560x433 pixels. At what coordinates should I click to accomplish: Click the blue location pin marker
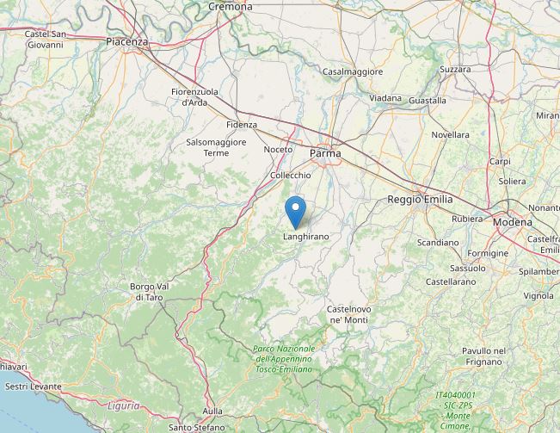295,211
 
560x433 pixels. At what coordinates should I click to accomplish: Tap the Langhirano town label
305,235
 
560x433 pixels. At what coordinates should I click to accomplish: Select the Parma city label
325,153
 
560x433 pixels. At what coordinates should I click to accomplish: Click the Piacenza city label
127,41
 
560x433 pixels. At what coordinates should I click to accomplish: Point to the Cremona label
231,6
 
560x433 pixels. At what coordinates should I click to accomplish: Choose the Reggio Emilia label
420,199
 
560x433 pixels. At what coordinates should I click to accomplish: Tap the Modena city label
513,222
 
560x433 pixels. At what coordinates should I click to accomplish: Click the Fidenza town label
242,124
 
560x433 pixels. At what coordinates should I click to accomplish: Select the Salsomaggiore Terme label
216,147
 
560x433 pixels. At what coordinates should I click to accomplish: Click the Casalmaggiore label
353,72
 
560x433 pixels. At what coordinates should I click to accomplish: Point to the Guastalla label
427,101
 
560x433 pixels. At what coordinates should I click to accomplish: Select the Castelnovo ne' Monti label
349,314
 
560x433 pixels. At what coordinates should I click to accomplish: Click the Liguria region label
123,405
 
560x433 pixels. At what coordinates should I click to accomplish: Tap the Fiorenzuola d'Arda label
194,96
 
